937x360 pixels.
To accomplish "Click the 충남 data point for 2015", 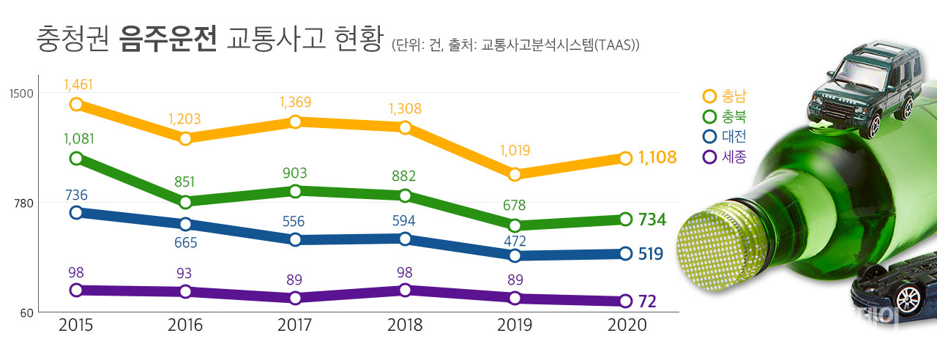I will [76, 105].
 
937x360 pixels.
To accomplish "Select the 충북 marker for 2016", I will [185, 202].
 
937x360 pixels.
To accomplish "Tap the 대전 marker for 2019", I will [515, 255].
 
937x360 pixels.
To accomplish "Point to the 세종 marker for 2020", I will [625, 301].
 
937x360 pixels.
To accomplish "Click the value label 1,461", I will [79, 84].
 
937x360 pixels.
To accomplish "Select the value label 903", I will [295, 173].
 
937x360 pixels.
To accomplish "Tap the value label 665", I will [185, 242].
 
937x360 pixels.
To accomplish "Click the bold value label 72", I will [647, 301].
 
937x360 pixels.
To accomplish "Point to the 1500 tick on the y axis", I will [21, 93].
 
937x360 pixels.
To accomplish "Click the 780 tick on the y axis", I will [24, 203].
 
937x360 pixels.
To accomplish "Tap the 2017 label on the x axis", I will [295, 326].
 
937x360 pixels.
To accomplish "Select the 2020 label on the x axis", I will [625, 326].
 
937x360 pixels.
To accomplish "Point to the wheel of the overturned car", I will [908, 298].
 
